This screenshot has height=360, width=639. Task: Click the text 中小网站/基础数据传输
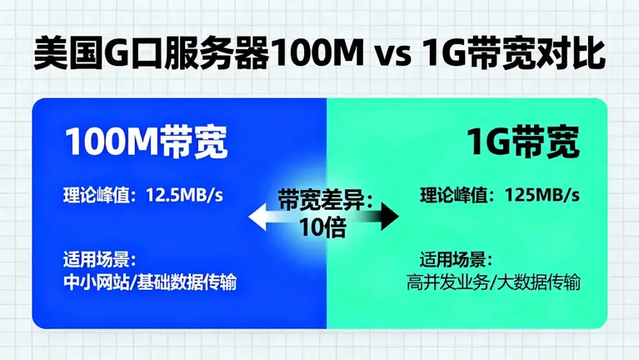150,282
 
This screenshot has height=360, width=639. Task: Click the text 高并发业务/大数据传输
494,282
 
